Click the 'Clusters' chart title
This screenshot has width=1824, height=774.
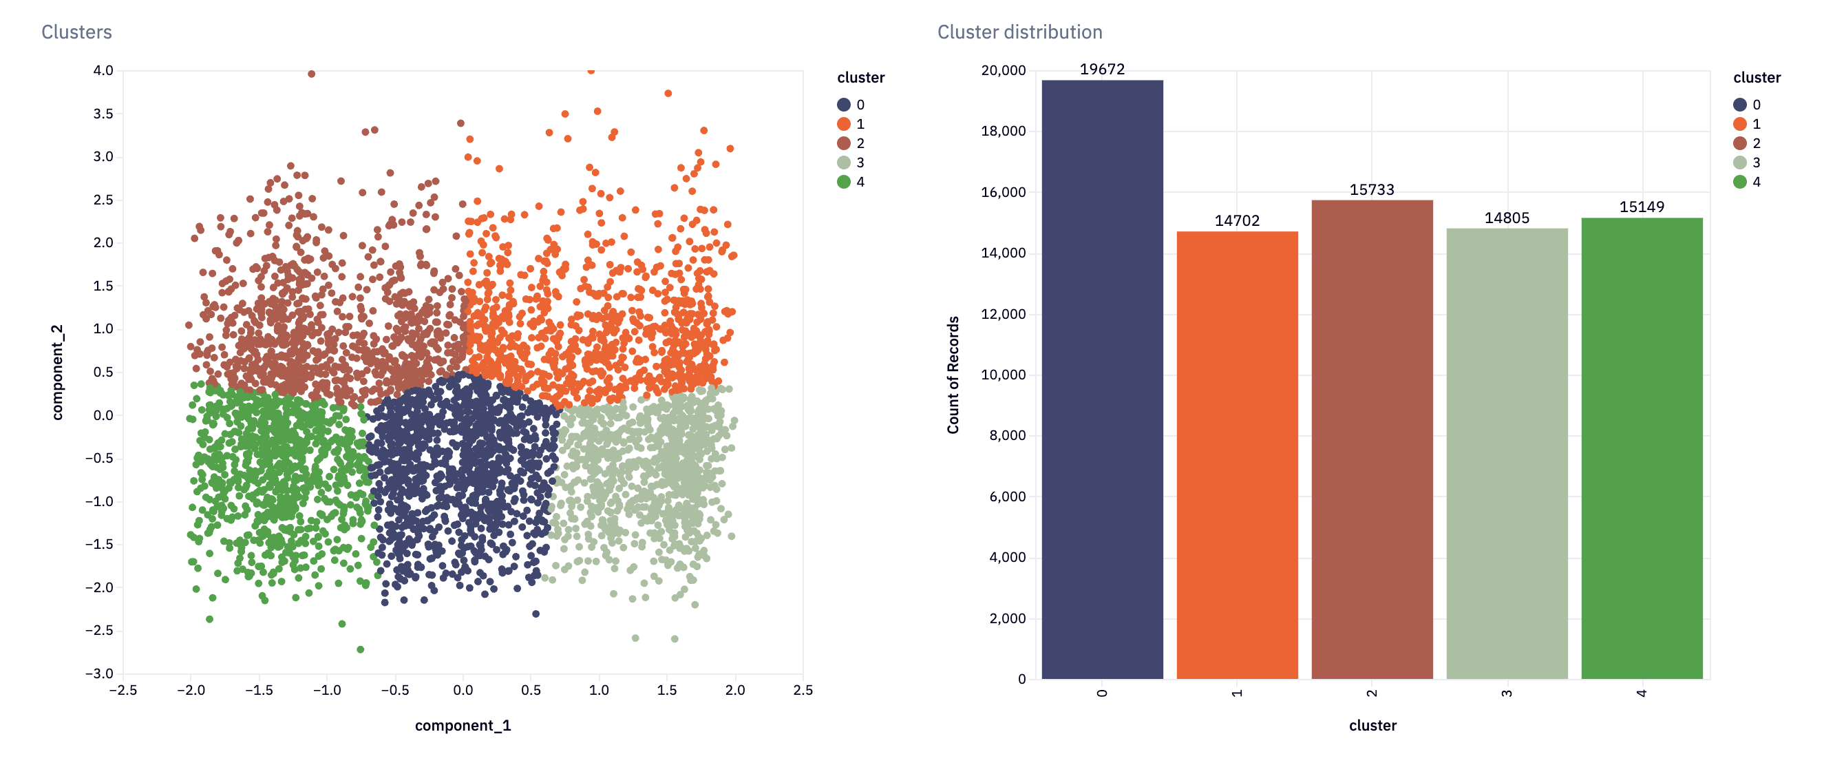pos(76,32)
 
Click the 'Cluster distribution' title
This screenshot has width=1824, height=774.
pos(1019,32)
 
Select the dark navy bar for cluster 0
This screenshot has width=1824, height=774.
pos(1103,379)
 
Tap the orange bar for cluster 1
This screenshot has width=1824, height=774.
pos(1237,455)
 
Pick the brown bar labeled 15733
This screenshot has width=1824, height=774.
pos(1372,440)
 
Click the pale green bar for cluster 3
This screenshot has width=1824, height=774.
pos(1507,454)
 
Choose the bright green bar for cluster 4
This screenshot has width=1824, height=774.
pos(1642,448)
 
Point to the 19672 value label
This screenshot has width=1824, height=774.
pos(1103,70)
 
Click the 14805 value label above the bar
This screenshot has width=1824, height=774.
pos(1507,218)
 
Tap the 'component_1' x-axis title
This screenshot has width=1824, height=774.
pos(463,726)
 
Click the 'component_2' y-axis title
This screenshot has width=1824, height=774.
pos(57,373)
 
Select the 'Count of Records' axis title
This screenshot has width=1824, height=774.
pos(953,375)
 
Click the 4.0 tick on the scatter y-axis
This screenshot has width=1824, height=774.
pos(103,70)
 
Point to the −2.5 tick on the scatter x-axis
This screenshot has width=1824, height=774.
pos(123,690)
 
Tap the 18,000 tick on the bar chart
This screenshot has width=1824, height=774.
pos(1004,131)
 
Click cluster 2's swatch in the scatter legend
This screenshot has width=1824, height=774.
pos(843,143)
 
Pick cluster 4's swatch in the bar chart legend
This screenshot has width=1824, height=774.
pos(1740,182)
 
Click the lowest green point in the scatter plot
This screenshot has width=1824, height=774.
pos(361,649)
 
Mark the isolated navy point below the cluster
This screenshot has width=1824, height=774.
pos(536,614)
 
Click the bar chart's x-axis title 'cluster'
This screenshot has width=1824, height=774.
pos(1372,726)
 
